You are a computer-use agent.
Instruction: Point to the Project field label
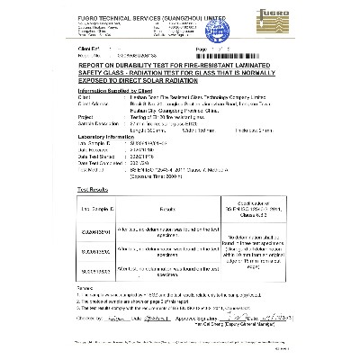[x=63, y=114]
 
